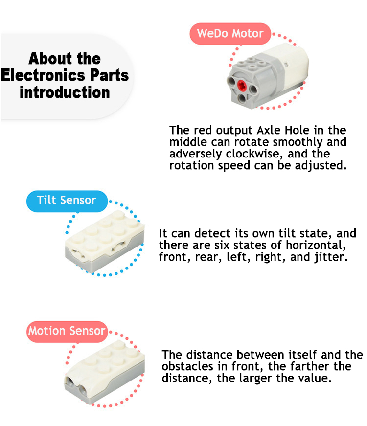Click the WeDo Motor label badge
230,34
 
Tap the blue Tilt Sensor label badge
67,201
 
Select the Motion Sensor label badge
67,332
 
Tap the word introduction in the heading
65,92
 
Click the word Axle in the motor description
269,130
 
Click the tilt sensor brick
105,241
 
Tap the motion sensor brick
104,372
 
